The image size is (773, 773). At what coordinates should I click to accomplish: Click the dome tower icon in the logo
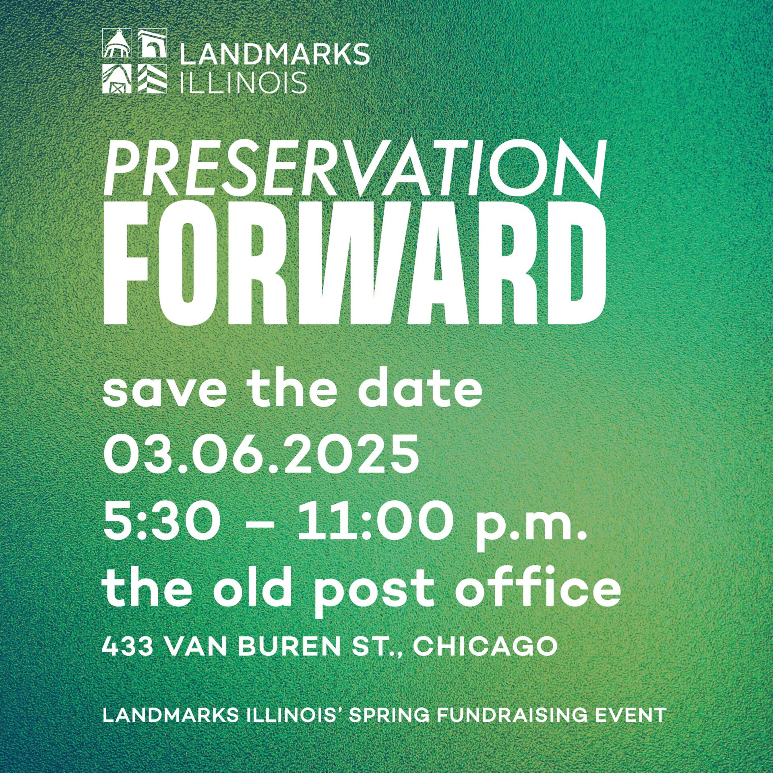[x=117, y=43]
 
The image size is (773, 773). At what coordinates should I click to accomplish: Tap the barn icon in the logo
[x=117, y=79]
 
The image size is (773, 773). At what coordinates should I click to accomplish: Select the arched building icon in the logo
[x=152, y=43]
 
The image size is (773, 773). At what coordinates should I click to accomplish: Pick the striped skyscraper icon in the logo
[x=152, y=79]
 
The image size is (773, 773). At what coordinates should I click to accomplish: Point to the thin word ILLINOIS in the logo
[x=243, y=82]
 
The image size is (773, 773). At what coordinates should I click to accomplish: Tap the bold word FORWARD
[x=355, y=262]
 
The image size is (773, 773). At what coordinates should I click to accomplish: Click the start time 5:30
[x=162, y=523]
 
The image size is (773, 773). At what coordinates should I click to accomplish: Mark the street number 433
[x=127, y=647]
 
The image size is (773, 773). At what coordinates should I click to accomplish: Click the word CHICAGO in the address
[x=485, y=647]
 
